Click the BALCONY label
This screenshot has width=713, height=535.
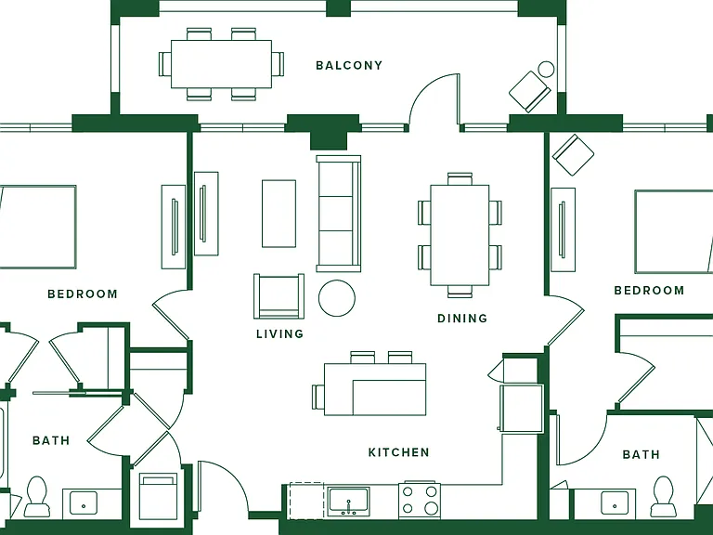coord(349,66)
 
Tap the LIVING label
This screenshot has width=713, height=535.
coord(279,334)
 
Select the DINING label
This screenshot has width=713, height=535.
coord(462,318)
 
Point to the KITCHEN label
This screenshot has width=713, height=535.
coord(398,452)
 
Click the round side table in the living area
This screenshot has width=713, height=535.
coord(336,298)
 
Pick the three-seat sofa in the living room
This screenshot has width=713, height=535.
coord(339,214)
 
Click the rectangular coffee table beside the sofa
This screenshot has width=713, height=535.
coord(279,214)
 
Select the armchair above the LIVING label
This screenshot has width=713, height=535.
coord(279,295)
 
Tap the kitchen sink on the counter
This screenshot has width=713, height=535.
coord(348,502)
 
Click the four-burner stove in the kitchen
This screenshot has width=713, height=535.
coord(420,500)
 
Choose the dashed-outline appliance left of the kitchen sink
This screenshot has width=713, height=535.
coord(306,501)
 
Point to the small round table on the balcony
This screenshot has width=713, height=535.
coord(546,70)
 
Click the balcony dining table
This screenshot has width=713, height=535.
coord(222,64)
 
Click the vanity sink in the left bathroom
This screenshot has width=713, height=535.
coord(84,503)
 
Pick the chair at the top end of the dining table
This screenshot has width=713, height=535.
coord(460,178)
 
